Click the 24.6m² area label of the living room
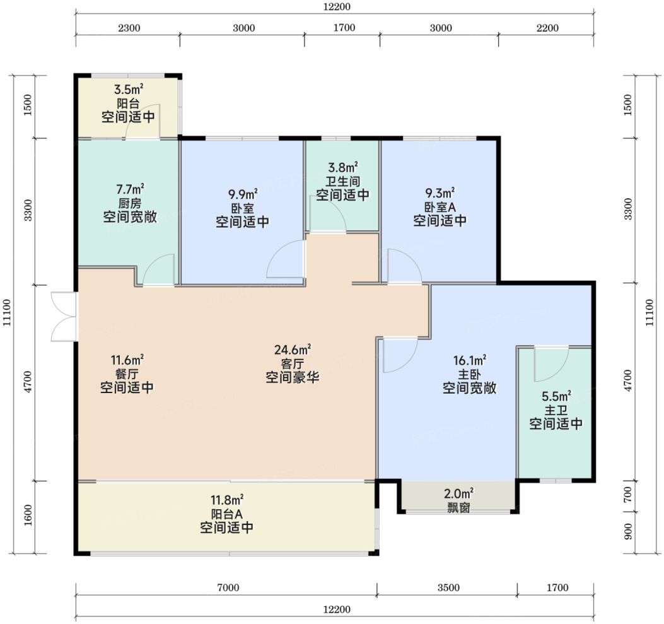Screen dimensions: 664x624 pyautogui.click(x=293, y=350)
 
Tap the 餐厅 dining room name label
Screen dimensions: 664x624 pyautogui.click(x=127, y=374)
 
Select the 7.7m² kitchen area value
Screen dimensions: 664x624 pyautogui.click(x=130, y=188)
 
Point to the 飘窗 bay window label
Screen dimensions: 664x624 pyautogui.click(x=458, y=507)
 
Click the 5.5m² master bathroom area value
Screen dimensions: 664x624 pyautogui.click(x=556, y=396)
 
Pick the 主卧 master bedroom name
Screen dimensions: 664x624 pyautogui.click(x=469, y=375)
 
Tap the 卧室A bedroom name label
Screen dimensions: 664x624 pyautogui.click(x=440, y=207)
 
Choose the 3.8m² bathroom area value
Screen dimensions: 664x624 pyautogui.click(x=342, y=167)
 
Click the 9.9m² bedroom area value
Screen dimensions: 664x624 pyautogui.click(x=243, y=194)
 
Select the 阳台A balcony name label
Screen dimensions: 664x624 pyautogui.click(x=226, y=514)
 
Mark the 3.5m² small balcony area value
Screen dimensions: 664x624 pyautogui.click(x=128, y=90)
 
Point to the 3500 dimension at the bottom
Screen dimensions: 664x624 pyautogui.click(x=448, y=587)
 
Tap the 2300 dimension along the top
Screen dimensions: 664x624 pyautogui.click(x=129, y=28)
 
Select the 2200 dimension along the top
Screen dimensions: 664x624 pyautogui.click(x=547, y=28)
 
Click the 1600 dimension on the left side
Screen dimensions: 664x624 pyautogui.click(x=28, y=515)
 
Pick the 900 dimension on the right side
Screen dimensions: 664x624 pyautogui.click(x=629, y=532)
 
